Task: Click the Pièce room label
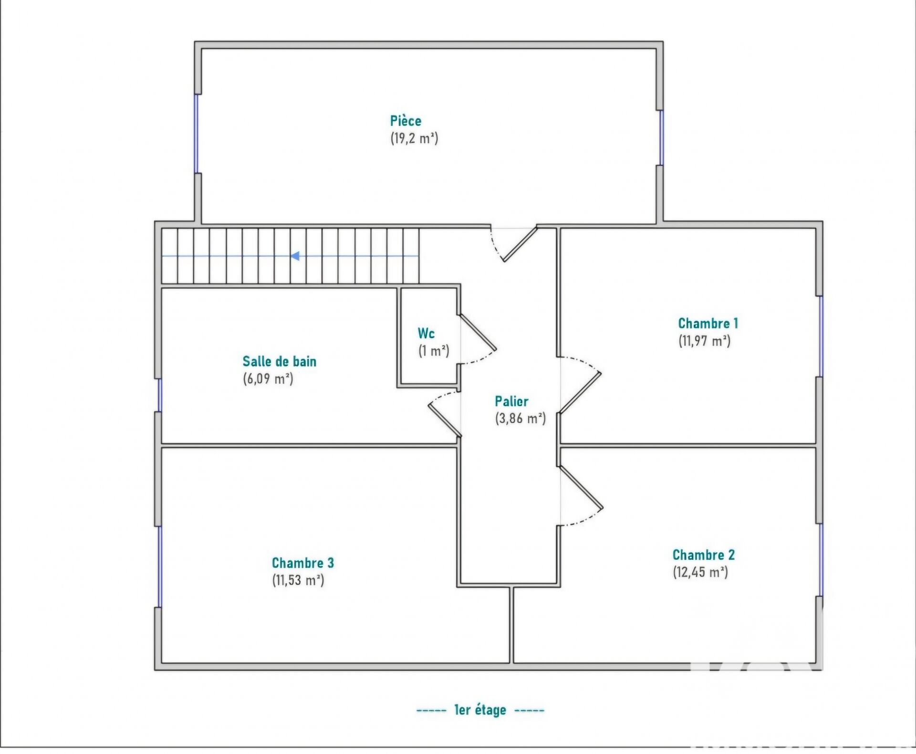tap(406, 120)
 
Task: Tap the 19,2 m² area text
tap(414, 138)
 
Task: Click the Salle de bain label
tap(280, 361)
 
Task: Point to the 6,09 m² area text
tap(268, 379)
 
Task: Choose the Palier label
tap(511, 401)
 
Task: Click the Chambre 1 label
tap(708, 323)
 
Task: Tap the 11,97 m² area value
tap(705, 341)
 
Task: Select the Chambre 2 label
tap(704, 555)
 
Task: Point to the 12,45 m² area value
tap(700, 572)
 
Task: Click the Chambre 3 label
tap(303, 563)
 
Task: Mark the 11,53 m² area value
tap(298, 580)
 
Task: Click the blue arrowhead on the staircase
tap(295, 256)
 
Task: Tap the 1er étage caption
tap(480, 710)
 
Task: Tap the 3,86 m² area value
tap(520, 419)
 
